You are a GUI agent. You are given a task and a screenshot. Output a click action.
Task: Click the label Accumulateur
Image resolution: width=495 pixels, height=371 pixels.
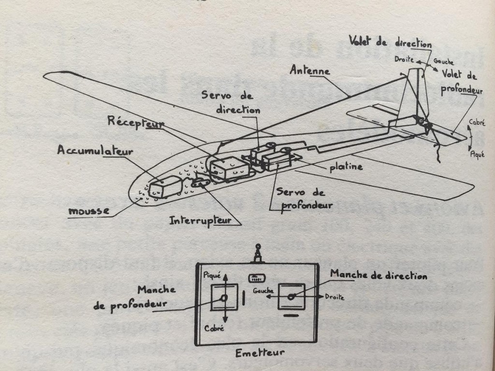click(95, 150)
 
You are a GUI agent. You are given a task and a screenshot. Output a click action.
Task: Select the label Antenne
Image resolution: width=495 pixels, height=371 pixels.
click(309, 71)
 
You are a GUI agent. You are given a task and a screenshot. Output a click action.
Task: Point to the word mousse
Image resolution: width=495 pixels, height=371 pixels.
click(88, 211)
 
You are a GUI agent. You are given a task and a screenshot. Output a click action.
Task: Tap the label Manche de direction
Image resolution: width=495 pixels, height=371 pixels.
click(379, 276)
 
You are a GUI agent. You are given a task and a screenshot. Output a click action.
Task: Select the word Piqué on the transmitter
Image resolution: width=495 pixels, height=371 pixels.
click(212, 275)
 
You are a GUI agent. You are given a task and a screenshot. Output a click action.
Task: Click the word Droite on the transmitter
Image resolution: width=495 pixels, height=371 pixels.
click(334, 297)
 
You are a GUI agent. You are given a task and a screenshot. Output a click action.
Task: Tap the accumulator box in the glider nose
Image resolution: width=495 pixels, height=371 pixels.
click(165, 186)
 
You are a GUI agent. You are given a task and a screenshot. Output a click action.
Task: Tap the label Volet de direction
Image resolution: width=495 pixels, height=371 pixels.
click(391, 43)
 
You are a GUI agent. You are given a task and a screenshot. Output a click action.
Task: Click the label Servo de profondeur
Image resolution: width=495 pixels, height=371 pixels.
click(305, 199)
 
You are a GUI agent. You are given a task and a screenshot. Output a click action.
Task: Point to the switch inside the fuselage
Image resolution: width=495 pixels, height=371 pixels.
click(200, 183)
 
